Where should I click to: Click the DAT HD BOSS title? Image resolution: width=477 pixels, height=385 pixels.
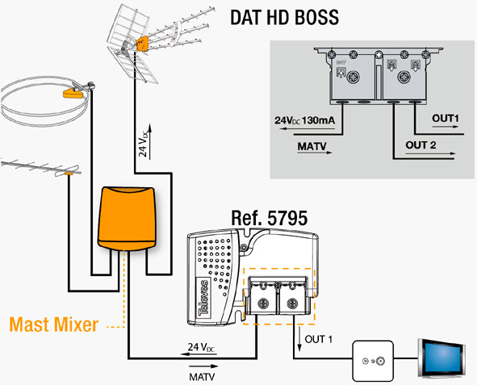tap(284, 17)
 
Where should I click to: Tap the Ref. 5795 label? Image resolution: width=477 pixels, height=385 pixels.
tap(270, 218)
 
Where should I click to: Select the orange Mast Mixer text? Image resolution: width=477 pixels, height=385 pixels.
tap(54, 324)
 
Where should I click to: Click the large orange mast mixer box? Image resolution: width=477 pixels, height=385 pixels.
tap(127, 219)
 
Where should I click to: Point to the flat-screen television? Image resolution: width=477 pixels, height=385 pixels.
tap(441, 358)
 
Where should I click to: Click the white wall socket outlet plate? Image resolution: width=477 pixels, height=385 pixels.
tap(373, 361)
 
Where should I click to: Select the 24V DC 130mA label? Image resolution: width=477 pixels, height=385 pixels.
tap(305, 120)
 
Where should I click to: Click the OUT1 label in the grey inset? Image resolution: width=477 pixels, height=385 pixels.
tap(445, 119)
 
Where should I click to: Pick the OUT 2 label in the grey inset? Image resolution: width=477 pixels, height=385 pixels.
tap(421, 145)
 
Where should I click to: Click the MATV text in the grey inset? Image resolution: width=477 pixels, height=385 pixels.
tap(312, 146)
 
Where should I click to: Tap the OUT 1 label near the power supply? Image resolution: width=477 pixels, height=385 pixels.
tap(319, 339)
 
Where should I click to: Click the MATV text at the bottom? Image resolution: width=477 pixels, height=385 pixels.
tap(202, 377)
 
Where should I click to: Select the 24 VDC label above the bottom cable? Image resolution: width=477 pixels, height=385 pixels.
tap(202, 347)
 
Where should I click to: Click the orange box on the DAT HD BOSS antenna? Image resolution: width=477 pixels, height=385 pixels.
tap(142, 44)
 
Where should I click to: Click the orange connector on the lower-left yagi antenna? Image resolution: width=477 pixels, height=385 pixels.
tap(69, 174)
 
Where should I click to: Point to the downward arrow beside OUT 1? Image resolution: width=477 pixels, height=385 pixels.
tap(299, 338)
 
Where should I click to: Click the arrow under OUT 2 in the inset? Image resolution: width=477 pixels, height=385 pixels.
tap(430, 153)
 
